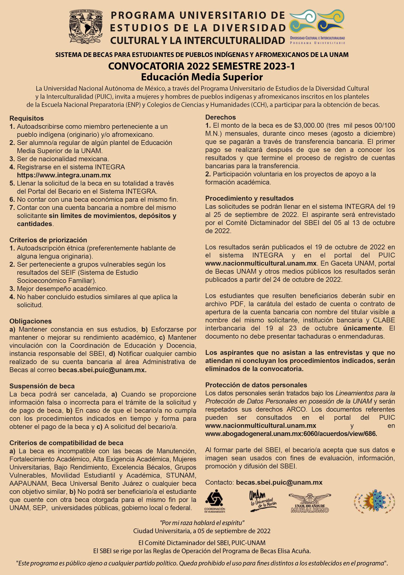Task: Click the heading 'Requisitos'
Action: pyautogui.click(x=26, y=118)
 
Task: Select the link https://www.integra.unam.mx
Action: pyautogui.click(x=64, y=175)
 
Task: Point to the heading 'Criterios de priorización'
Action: pyautogui.click(x=48, y=240)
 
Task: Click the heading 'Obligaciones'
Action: pyautogui.click(x=31, y=321)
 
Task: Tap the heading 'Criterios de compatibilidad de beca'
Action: pyautogui.click(x=66, y=443)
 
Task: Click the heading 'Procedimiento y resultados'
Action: pyautogui.click(x=249, y=198)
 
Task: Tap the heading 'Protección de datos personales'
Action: pyautogui.click(x=256, y=385)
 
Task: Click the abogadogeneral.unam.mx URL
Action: pyautogui.click(x=291, y=433)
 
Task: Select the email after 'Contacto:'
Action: pyautogui.click(x=279, y=482)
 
